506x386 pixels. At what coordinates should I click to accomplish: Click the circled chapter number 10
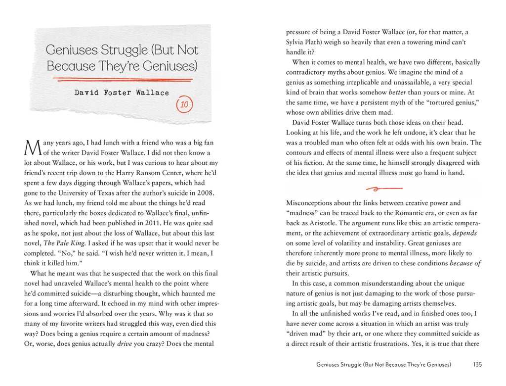pos(184,104)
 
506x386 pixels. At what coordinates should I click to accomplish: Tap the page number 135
pos(477,365)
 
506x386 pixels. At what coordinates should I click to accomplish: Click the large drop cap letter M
pos(31,147)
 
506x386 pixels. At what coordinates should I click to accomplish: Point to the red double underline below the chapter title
pos(122,79)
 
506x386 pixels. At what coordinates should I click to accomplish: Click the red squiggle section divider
pos(384,188)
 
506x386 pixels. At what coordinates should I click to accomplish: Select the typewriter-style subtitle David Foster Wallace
pos(122,93)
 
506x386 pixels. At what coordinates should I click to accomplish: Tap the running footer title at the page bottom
pos(384,365)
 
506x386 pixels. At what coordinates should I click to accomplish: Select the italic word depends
pos(465,233)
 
